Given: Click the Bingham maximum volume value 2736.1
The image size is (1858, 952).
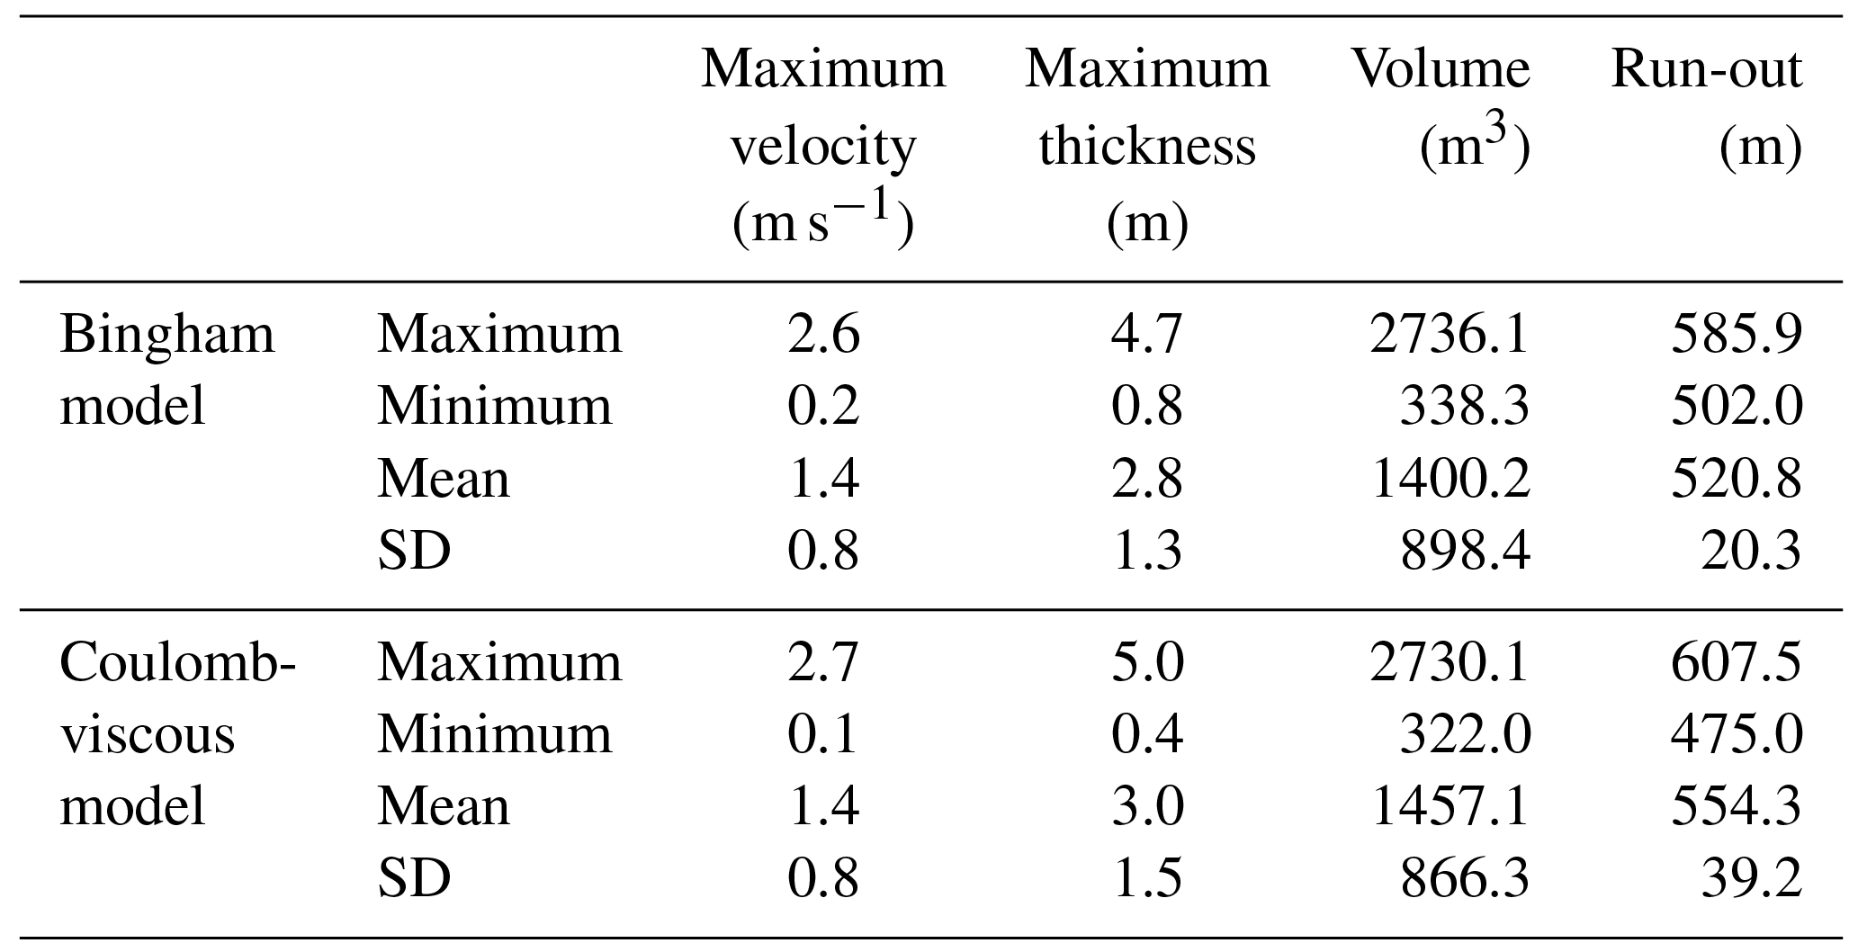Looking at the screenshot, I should point(1449,335).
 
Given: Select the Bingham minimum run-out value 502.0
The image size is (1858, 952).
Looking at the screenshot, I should point(1736,407).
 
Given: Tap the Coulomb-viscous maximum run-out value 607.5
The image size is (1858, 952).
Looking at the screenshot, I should point(1736,663).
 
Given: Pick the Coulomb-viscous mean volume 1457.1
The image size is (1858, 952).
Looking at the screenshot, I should point(1449,806).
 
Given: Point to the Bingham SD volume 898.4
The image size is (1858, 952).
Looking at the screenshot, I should point(1464,551).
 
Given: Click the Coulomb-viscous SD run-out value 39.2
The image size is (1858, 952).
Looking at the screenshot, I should point(1750,878).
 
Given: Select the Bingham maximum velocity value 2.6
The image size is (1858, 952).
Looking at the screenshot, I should point(823,335).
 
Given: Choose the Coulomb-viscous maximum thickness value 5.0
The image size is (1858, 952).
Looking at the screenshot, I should point(1146,663).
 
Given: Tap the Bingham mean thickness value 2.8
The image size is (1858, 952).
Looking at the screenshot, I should point(1146,479).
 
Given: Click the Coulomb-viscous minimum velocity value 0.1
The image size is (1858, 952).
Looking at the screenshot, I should point(823,735).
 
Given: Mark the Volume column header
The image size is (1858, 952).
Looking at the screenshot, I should point(1440,69).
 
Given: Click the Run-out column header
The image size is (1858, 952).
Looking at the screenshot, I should point(1706,69).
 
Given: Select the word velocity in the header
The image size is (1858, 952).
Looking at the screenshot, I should point(822,147).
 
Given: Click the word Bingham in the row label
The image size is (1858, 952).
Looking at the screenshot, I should point(167,337).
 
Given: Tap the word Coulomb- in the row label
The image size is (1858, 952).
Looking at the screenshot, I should point(177,663).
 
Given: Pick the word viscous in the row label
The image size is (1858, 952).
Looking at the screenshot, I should point(147,735).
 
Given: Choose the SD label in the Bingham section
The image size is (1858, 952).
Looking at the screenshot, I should point(414,551).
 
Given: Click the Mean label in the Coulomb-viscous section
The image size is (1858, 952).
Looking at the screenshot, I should point(443,806).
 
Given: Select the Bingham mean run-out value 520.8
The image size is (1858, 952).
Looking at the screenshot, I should point(1736,479).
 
